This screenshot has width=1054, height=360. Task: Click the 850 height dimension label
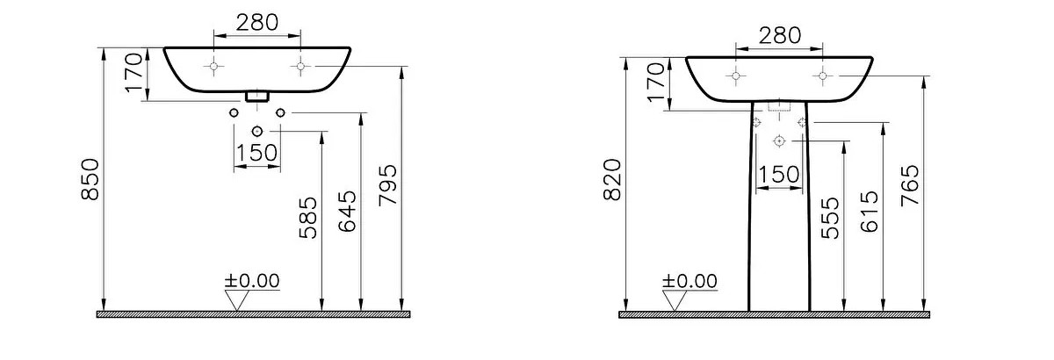pos(90,179)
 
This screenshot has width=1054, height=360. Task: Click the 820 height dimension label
pos(613,180)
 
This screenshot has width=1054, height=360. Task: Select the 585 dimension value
pos(308,218)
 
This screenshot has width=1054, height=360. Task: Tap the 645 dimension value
pos(348,212)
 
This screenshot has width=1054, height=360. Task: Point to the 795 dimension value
pos(388,185)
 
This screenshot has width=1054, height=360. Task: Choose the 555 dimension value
pos(830,218)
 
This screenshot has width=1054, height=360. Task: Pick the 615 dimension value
pos(870,212)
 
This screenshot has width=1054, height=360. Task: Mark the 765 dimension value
pos(910,185)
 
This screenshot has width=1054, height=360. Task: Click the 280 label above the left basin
pos(256,22)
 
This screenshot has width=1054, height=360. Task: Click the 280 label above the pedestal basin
pos(780,35)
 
